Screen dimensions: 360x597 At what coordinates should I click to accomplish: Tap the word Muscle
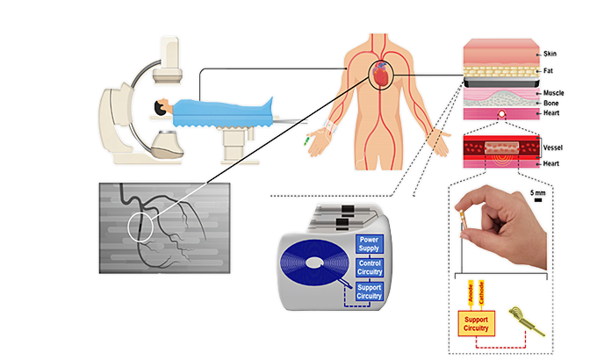(x=554, y=92)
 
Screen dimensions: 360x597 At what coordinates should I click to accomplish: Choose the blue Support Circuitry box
(x=369, y=292)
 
